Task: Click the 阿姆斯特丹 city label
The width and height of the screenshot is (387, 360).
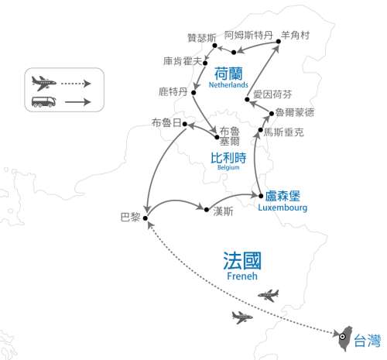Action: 248,36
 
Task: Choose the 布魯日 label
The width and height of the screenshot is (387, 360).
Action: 168,123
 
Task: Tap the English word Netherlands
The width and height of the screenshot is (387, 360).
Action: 230,86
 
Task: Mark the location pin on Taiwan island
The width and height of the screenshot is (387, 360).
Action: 342,336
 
